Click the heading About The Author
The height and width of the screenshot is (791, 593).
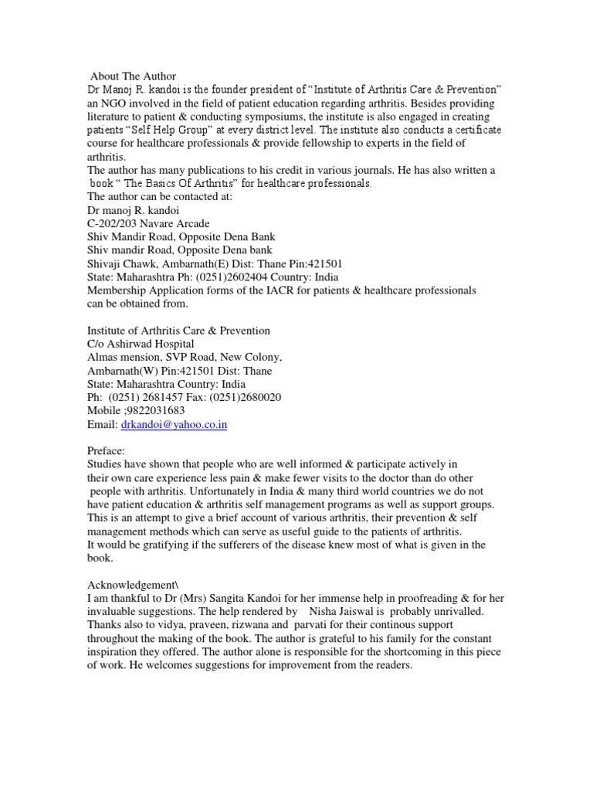133,76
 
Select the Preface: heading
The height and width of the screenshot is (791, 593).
108,450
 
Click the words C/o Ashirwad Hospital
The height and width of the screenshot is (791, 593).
141,343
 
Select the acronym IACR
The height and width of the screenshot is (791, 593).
269,290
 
